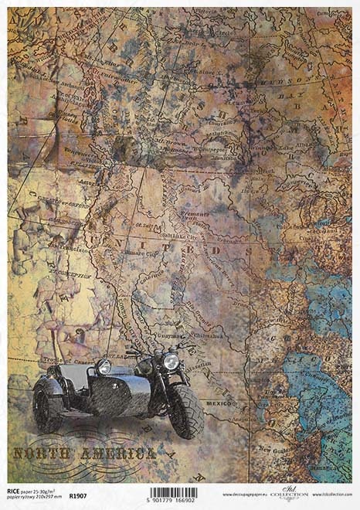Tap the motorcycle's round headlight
coord(172,361)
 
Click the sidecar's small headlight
coord(104,366)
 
